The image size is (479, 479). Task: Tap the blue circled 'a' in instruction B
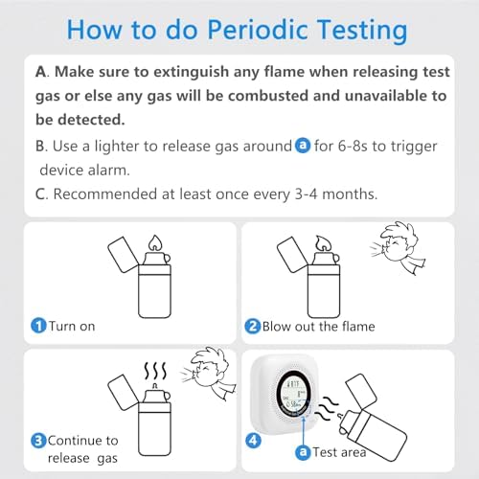pyautogui.click(x=303, y=147)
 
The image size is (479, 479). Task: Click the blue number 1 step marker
pyautogui.click(x=37, y=326)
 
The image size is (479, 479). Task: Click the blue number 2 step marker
pyautogui.click(x=254, y=326)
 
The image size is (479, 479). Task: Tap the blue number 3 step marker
pyautogui.click(x=37, y=441)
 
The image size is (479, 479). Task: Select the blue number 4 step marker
pyautogui.click(x=254, y=441)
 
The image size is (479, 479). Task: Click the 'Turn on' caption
pyautogui.click(x=72, y=326)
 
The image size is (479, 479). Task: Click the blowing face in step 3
pyautogui.click(x=205, y=376)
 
